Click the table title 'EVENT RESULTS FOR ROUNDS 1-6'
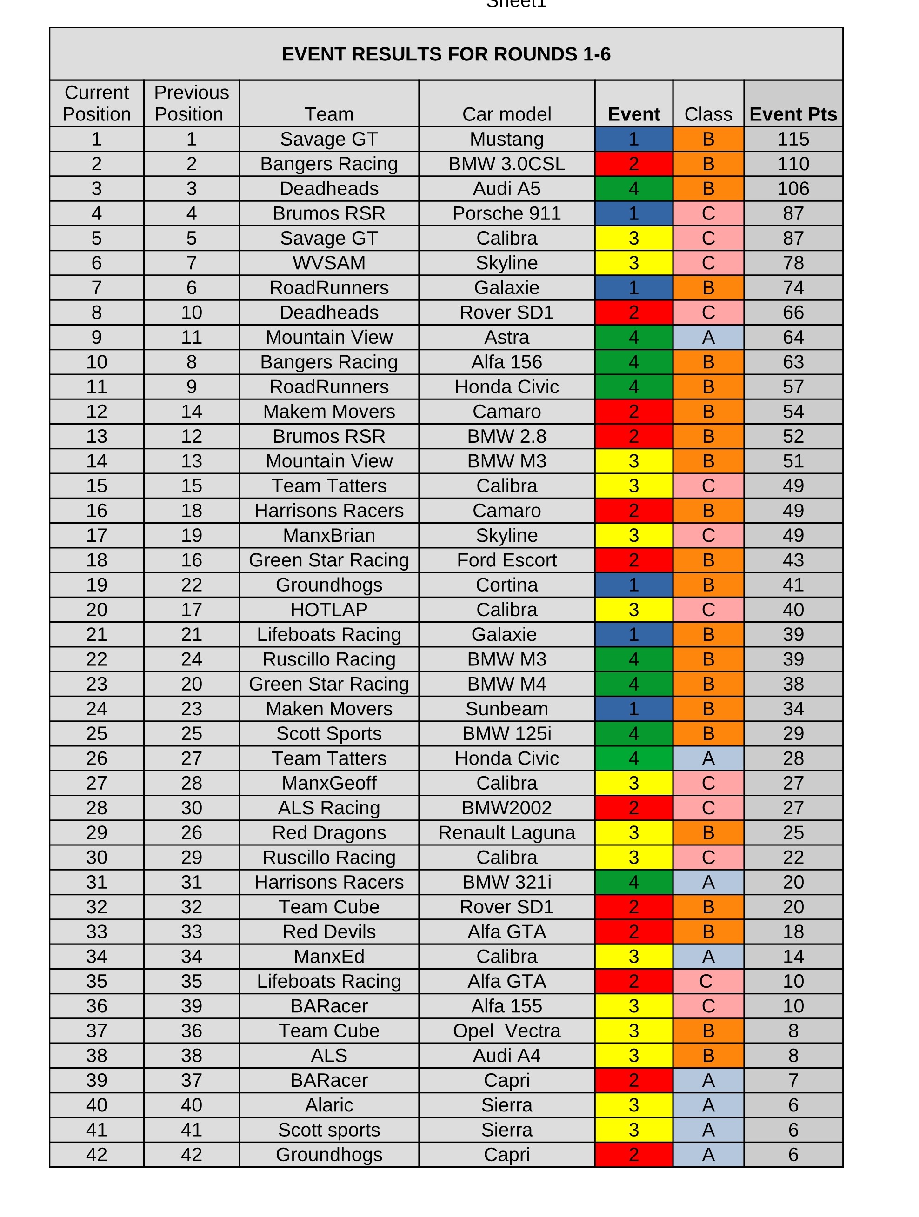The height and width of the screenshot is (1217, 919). pyautogui.click(x=446, y=54)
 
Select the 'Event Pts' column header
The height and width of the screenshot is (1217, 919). pyautogui.click(x=793, y=114)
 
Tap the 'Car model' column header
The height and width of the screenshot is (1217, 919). pyautogui.click(x=506, y=114)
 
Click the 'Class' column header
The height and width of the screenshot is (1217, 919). pyautogui.click(x=708, y=114)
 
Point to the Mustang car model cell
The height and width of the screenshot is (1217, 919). pyautogui.click(x=506, y=139)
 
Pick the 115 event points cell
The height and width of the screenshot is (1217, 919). pyautogui.click(x=793, y=139)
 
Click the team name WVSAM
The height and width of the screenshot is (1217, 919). pyautogui.click(x=329, y=263)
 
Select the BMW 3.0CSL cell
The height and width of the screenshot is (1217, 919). pyautogui.click(x=506, y=164)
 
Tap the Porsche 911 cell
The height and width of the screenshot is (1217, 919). pyautogui.click(x=506, y=213)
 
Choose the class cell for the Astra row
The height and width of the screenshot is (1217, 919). pyautogui.click(x=708, y=337)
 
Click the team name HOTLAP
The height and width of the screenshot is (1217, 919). pyautogui.click(x=329, y=610)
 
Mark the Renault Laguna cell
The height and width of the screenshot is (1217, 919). pyautogui.click(x=506, y=832)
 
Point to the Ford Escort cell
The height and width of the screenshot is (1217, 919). pyautogui.click(x=506, y=560)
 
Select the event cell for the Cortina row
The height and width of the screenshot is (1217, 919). pyautogui.click(x=633, y=585)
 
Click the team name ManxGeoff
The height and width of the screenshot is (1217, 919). pyautogui.click(x=329, y=783)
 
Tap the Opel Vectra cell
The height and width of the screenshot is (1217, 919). pyautogui.click(x=506, y=1031)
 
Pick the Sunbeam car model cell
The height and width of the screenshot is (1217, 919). pyautogui.click(x=506, y=709)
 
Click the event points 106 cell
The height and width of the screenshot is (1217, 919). pyautogui.click(x=793, y=189)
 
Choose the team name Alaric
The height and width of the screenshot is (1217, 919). pyautogui.click(x=329, y=1105)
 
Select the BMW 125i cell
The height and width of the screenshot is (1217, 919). pyautogui.click(x=506, y=733)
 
